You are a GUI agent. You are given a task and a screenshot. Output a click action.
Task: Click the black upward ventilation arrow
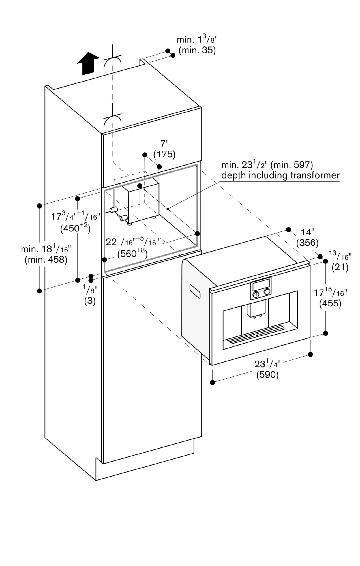[x=88, y=64]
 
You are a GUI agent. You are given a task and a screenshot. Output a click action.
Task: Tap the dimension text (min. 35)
[x=197, y=50]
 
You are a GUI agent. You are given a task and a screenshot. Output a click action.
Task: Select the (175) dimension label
[x=164, y=154]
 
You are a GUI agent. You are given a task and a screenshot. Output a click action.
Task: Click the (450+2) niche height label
[x=75, y=228]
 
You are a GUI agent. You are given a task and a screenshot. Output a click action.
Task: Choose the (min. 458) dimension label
[x=46, y=260]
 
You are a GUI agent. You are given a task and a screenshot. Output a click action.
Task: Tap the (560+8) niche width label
[x=132, y=254]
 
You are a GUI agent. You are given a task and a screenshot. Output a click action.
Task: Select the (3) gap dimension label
[x=90, y=301]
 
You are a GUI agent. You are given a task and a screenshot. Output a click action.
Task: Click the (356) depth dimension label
[x=307, y=243]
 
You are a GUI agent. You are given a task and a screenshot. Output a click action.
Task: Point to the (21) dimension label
[x=340, y=267]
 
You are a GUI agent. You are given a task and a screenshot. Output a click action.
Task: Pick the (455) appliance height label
[x=330, y=303]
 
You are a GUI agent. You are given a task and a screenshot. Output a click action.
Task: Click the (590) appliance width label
[x=267, y=375]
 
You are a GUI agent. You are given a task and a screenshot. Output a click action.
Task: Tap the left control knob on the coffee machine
[x=256, y=294]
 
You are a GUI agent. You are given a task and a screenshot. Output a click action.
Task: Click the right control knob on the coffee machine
[x=267, y=291]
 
